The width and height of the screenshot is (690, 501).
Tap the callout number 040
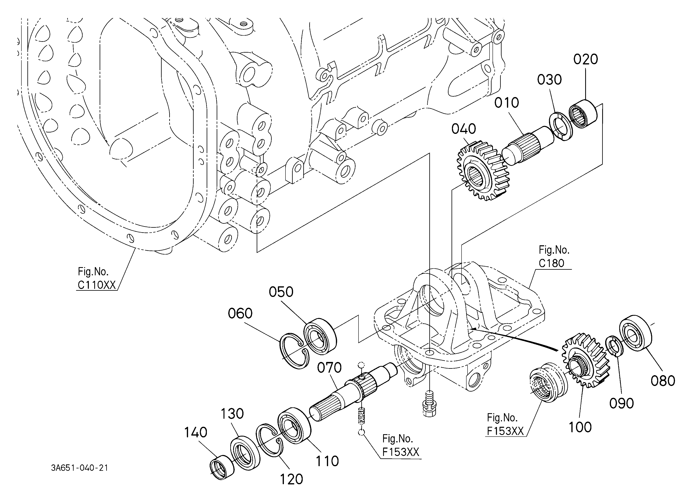(464, 129)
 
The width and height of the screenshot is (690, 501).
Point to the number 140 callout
(196, 432)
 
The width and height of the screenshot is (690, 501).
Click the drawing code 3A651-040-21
(79, 468)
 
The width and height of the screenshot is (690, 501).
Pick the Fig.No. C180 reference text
(554, 257)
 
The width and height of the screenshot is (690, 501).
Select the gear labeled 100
(586, 360)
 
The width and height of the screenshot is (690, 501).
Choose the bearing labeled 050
(320, 336)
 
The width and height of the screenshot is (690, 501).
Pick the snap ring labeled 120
(269, 440)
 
